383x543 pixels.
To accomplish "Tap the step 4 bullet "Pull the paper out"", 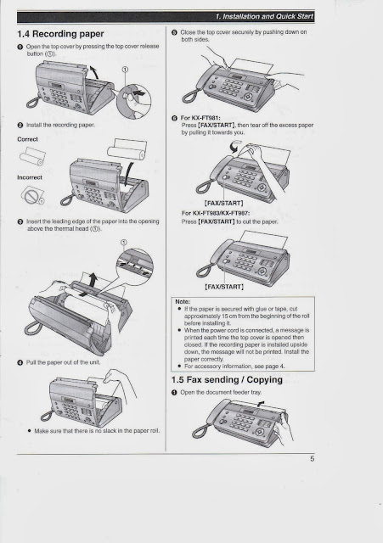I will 20,362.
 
